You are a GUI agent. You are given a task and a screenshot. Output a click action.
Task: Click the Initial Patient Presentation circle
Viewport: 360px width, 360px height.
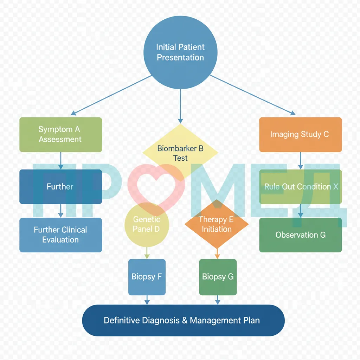point(180,52)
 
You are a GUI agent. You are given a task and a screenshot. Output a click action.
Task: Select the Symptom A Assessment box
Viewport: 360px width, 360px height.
point(60,135)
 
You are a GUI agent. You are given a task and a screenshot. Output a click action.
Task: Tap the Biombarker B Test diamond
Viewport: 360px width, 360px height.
point(180,153)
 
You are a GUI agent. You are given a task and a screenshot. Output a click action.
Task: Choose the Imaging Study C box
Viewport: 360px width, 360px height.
point(300,135)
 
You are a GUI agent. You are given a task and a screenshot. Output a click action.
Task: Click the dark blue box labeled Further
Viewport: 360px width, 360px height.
point(60,187)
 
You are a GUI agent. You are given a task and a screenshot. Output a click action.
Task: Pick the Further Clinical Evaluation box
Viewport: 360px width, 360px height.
point(60,235)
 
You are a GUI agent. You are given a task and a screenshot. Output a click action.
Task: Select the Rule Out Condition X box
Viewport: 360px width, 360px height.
point(300,187)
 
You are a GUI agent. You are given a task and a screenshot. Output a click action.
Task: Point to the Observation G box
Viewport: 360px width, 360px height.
point(300,235)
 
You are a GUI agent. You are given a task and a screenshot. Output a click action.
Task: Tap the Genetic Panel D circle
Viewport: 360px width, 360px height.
point(147,225)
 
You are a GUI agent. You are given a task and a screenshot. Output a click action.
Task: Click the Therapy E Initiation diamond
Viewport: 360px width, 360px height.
point(217,224)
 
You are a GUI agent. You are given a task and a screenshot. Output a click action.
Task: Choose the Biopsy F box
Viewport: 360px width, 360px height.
point(147,277)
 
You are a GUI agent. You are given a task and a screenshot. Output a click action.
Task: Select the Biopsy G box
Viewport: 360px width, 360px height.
point(218,277)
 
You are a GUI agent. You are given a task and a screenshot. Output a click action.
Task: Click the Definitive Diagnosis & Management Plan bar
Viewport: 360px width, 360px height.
point(183,320)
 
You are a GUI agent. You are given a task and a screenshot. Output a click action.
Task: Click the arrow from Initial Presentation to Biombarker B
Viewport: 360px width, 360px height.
point(180,106)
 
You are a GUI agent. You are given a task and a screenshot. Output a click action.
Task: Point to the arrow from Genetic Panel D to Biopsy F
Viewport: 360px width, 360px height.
point(147,253)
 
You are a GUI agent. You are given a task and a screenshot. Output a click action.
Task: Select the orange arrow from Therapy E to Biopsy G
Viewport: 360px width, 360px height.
point(217,254)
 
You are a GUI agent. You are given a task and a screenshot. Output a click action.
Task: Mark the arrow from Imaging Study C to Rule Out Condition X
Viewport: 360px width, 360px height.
point(301,161)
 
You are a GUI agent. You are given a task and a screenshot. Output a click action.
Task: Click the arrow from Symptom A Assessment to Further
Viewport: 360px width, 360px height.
point(60,161)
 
